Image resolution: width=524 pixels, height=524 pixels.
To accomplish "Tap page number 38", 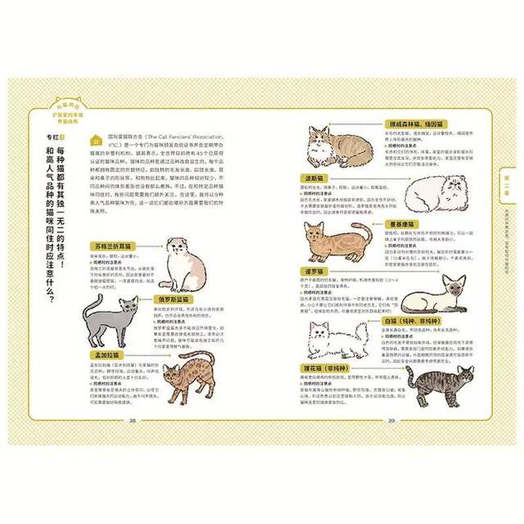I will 133,421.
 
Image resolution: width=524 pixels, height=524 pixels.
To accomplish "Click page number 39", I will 391,421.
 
